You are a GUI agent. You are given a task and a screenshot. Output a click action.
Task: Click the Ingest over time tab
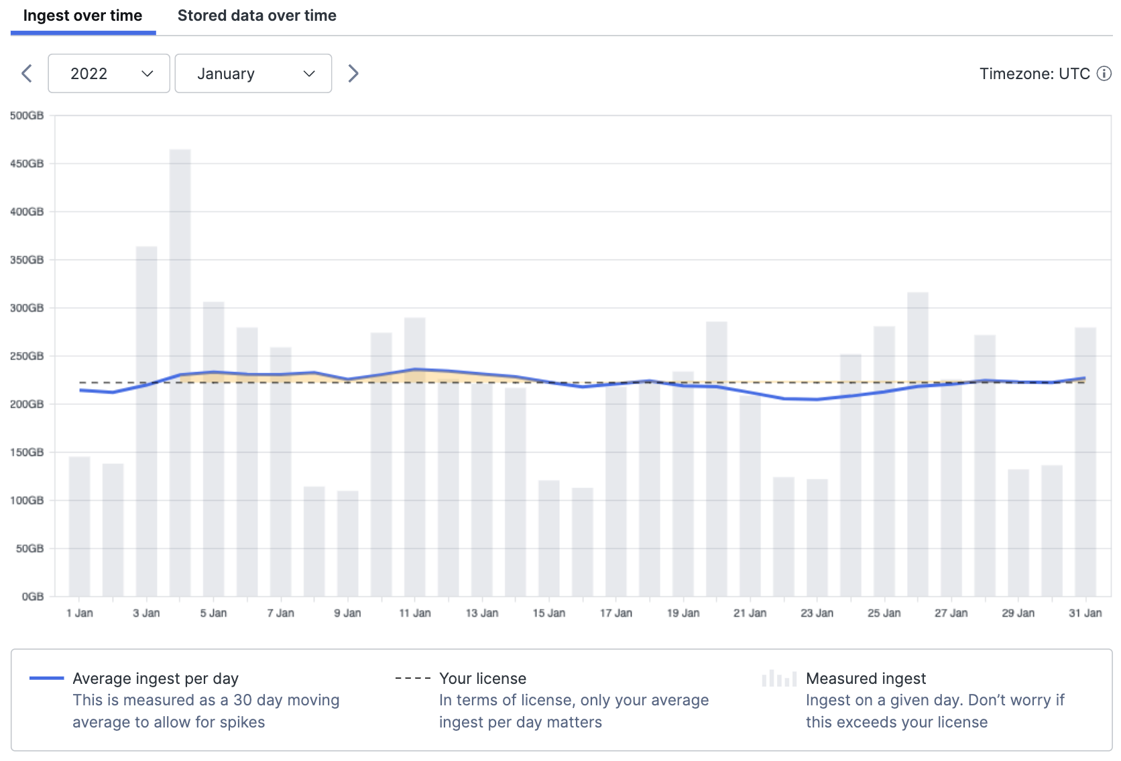[82, 16]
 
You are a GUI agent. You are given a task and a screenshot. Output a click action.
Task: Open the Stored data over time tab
[257, 16]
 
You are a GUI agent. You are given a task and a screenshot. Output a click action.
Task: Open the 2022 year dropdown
[109, 74]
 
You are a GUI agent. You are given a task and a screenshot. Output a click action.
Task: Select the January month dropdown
[253, 74]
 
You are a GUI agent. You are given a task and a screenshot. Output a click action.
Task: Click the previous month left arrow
[27, 74]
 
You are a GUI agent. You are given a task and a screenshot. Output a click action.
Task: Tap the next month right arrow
[353, 74]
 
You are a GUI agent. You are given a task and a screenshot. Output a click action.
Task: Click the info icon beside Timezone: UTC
[1104, 74]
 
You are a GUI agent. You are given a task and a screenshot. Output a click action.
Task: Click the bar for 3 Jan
[146, 422]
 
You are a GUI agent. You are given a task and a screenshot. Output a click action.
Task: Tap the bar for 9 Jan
[347, 543]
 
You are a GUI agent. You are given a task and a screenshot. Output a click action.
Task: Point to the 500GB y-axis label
[27, 115]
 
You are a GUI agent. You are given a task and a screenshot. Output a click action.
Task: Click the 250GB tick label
[27, 356]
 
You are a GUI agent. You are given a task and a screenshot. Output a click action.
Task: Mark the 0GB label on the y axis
[32, 596]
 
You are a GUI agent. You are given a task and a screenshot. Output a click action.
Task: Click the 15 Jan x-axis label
[548, 613]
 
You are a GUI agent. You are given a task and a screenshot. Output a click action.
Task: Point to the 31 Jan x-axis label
[1085, 613]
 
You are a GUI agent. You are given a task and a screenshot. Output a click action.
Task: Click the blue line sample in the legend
[47, 679]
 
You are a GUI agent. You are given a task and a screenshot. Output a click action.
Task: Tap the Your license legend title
[482, 679]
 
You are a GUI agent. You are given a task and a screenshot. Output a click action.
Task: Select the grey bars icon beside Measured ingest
[779, 679]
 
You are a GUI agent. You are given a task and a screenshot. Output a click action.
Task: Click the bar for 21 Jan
[750, 496]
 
